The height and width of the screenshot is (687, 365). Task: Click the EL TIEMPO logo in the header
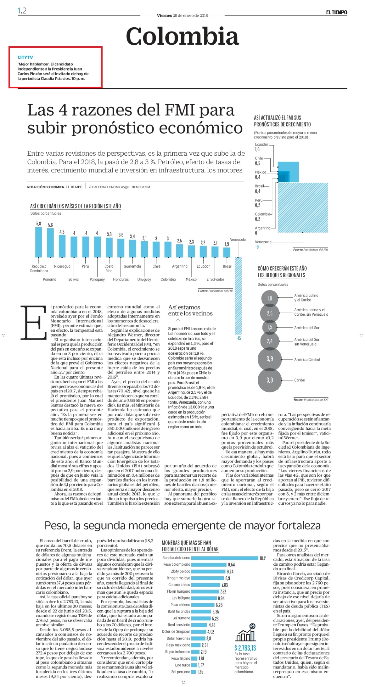click(336, 12)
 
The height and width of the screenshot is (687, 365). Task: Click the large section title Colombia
click(182, 36)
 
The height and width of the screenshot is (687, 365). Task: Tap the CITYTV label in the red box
click(25, 57)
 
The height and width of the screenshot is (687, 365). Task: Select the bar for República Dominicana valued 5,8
click(38, 242)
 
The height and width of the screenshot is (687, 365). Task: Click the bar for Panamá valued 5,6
click(50, 243)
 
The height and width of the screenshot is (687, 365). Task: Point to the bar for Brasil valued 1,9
click(227, 252)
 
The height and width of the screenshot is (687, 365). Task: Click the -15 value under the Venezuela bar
click(239, 338)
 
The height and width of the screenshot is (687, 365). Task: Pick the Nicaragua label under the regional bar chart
click(62, 266)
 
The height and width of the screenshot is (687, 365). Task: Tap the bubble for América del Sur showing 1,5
click(270, 327)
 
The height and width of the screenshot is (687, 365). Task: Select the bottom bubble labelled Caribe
click(270, 380)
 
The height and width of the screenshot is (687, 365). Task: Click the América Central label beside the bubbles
click(307, 359)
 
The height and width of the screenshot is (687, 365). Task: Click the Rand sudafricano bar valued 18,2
click(225, 558)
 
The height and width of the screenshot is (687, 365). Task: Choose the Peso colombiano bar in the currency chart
click(209, 565)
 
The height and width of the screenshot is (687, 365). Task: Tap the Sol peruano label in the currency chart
click(181, 672)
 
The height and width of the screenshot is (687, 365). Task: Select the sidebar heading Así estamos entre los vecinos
click(190, 310)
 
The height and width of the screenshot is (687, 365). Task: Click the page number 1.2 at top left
click(22, 11)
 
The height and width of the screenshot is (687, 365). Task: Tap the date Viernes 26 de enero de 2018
click(182, 15)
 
